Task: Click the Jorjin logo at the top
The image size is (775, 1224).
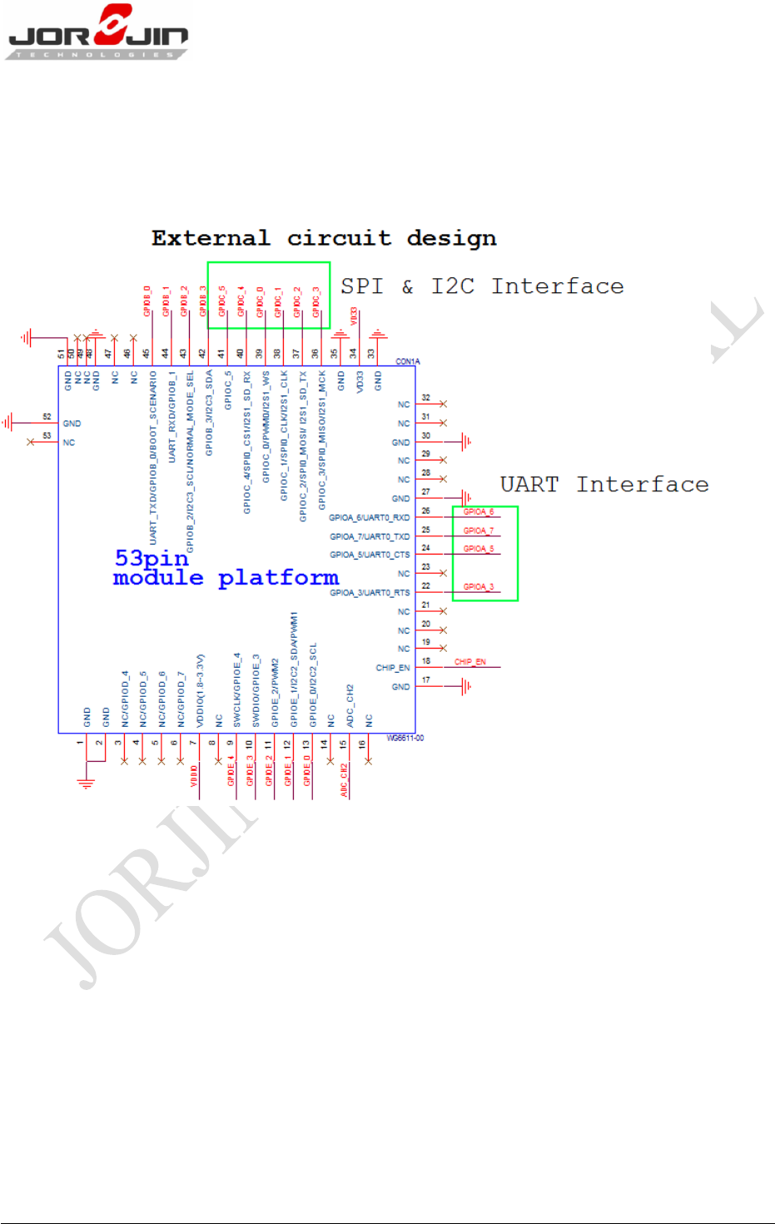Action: [97, 32]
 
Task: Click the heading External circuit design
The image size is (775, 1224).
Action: [324, 238]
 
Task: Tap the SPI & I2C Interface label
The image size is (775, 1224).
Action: [482, 286]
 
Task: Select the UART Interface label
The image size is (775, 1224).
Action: [604, 485]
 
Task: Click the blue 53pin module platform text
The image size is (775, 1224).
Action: [226, 568]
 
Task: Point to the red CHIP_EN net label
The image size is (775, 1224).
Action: [469, 662]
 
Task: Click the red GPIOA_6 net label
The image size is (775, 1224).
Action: [479, 512]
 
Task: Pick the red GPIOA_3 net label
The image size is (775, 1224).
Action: [479, 587]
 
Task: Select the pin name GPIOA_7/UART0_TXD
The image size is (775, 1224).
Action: [370, 537]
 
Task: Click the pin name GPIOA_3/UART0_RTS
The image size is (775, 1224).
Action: [370, 593]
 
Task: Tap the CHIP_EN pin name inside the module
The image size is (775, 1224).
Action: [392, 668]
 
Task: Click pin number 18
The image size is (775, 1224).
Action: [426, 661]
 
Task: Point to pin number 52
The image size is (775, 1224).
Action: [47, 416]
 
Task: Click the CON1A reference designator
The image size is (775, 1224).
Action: [408, 361]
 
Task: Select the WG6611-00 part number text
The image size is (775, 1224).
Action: [405, 739]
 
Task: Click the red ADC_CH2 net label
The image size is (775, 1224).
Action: [344, 780]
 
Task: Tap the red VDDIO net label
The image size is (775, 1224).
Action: [194, 775]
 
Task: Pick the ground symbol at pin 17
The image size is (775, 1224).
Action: [465, 686]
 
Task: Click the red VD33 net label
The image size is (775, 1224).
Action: [354, 316]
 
